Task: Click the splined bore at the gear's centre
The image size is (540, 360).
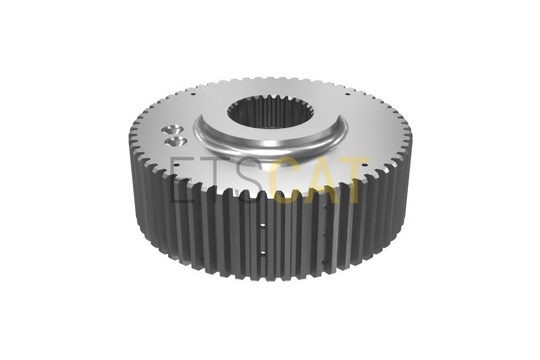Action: tap(264, 111)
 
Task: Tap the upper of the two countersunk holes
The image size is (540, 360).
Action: tap(171, 130)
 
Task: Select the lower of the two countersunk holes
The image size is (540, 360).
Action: tap(176, 141)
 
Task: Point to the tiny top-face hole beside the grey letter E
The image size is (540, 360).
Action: tap(175, 165)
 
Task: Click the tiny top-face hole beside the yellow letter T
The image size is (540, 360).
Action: tap(363, 165)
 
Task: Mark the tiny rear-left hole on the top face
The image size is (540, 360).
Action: tap(194, 93)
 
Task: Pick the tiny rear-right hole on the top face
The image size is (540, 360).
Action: tap(348, 93)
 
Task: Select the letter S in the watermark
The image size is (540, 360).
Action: tap(255, 179)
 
